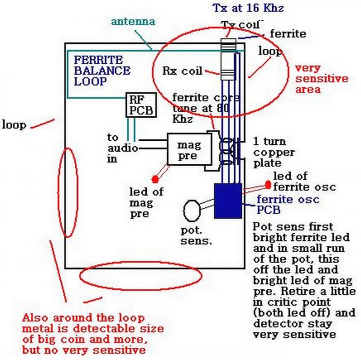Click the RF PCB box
141,105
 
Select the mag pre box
189,149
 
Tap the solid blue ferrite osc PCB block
228,201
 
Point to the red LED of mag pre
155,179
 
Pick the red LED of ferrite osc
268,185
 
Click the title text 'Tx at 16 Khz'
248,8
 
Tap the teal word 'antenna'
133,21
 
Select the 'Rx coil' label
182,71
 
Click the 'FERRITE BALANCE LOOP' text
102,71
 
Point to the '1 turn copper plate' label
274,152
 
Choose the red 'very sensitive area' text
322,78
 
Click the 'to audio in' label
122,148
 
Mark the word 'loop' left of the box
14,125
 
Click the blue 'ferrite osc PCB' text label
288,204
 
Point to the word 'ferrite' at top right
288,34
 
